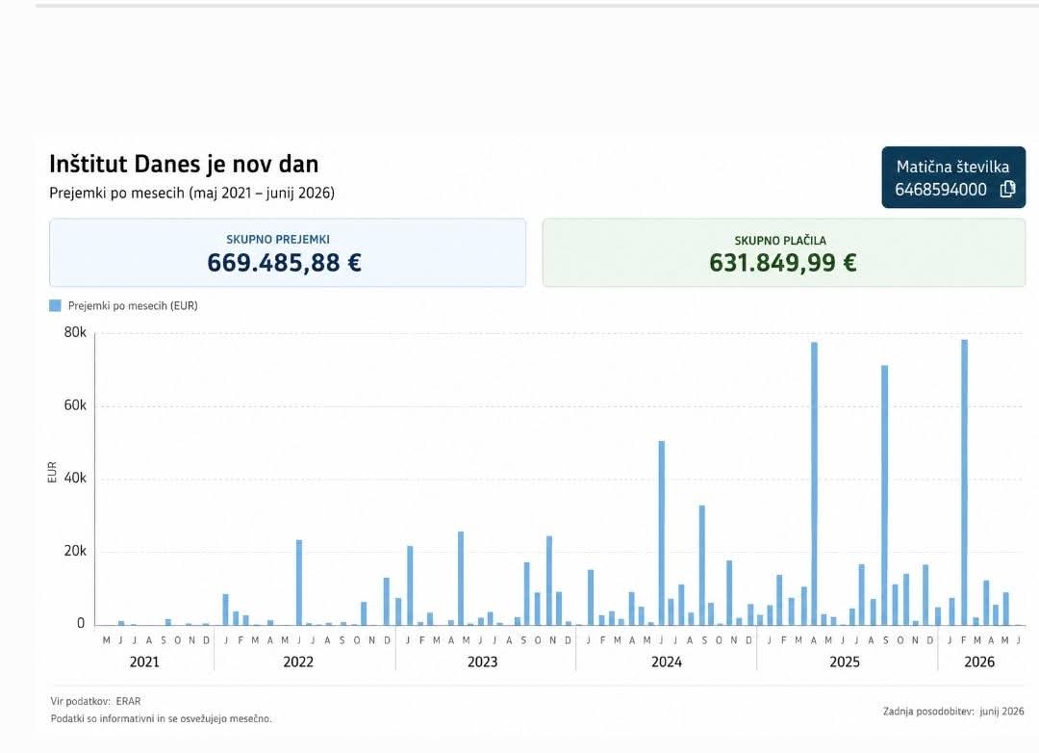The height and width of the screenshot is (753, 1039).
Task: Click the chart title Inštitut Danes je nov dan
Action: (x=184, y=164)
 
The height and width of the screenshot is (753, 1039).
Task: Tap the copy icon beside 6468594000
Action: (x=1007, y=189)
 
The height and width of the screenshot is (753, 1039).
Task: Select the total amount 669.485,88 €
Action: (x=284, y=263)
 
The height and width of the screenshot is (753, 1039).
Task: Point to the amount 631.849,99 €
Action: (x=782, y=263)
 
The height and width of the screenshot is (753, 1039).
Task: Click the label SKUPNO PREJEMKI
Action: (x=278, y=239)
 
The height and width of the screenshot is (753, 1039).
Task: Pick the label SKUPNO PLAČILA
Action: (x=780, y=240)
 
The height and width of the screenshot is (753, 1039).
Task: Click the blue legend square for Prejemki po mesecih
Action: (x=55, y=305)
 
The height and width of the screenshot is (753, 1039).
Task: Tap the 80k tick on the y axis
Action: (x=75, y=332)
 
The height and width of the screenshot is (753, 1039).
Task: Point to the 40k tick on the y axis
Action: (x=75, y=478)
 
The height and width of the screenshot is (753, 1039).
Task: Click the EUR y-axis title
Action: (x=52, y=473)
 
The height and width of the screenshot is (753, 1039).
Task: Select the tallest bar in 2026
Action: (x=964, y=482)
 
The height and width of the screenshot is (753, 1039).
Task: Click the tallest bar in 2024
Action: (x=661, y=532)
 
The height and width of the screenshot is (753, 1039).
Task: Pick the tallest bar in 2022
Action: (x=299, y=583)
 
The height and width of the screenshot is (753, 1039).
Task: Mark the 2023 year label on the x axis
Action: (x=482, y=662)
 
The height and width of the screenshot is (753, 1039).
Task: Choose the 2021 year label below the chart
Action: (x=144, y=662)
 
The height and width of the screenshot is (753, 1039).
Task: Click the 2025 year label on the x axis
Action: (x=845, y=662)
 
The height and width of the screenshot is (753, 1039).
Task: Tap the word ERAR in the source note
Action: (x=128, y=701)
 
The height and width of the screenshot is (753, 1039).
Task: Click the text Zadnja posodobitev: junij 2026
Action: (x=952, y=712)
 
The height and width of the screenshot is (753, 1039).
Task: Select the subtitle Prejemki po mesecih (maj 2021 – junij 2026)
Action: (x=191, y=193)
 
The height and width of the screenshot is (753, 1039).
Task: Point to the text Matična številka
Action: (x=952, y=167)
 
